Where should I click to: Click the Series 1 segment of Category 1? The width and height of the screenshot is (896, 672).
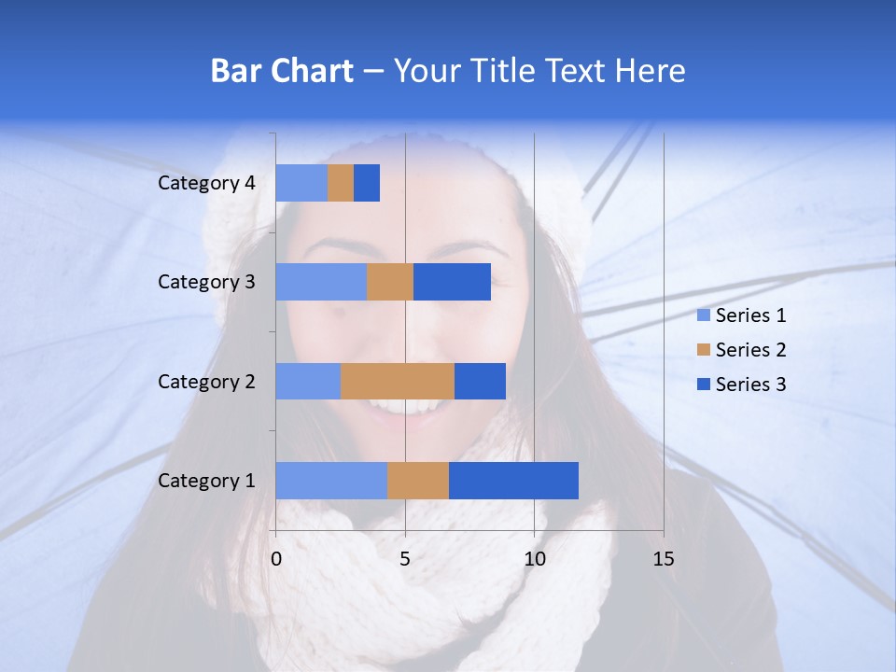click(x=331, y=481)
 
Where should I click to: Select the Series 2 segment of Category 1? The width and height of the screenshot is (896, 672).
click(x=418, y=481)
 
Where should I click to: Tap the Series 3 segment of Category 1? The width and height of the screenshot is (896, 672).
click(x=513, y=481)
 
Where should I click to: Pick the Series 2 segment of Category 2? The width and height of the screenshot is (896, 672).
click(x=398, y=381)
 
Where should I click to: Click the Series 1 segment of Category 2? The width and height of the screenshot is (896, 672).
click(x=308, y=381)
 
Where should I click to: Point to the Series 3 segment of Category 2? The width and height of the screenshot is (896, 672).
click(x=480, y=381)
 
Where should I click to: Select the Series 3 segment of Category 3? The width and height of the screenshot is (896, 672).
click(x=452, y=282)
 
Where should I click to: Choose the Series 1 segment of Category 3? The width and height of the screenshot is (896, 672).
click(x=321, y=282)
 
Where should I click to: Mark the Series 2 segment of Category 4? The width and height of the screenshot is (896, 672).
click(x=341, y=183)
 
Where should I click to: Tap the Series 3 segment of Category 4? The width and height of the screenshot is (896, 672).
click(x=367, y=183)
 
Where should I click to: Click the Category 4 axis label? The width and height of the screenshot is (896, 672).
click(x=206, y=183)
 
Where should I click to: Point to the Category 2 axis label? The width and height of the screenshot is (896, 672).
click(x=206, y=381)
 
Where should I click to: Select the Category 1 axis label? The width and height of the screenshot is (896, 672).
click(x=206, y=481)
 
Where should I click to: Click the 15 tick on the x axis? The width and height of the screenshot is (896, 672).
click(x=663, y=559)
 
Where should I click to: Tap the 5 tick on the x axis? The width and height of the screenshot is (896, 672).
click(x=405, y=559)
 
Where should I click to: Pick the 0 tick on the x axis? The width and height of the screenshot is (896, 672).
click(x=276, y=559)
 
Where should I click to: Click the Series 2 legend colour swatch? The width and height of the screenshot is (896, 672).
click(x=703, y=350)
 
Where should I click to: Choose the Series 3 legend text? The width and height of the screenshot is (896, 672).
click(x=750, y=385)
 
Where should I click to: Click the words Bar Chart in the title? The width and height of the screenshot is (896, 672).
click(x=282, y=71)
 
